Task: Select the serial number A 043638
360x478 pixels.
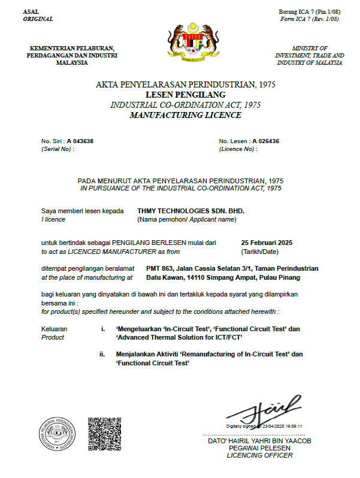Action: point(80,141)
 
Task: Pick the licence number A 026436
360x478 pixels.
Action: point(266,141)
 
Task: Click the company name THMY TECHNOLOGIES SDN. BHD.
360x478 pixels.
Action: point(191,211)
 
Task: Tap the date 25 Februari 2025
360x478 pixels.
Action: point(266,243)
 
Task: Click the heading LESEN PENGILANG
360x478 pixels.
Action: point(185,95)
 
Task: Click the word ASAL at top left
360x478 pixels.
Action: point(30,12)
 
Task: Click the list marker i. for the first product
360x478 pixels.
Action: point(104,329)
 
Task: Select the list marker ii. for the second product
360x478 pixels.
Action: point(102,355)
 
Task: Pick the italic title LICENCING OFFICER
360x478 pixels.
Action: point(259,456)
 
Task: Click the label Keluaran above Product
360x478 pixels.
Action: point(54,329)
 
